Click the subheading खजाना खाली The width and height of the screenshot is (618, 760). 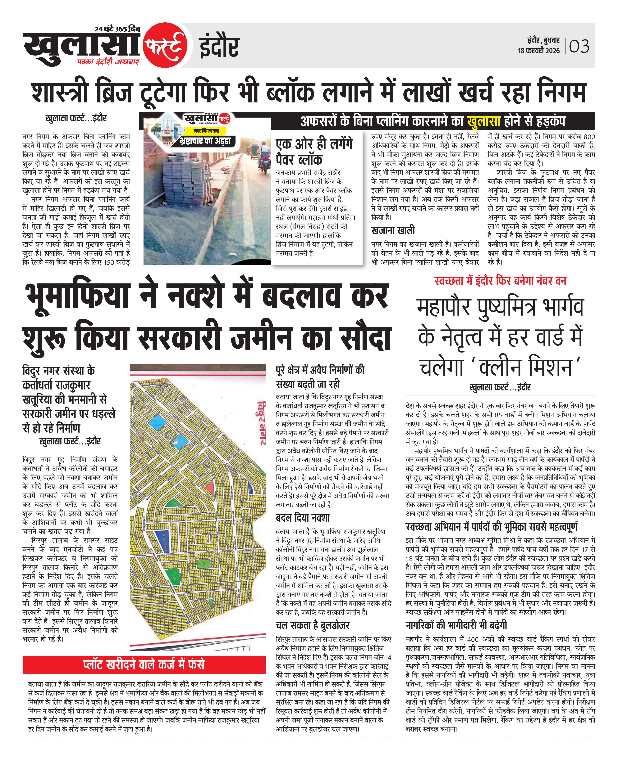pos(393,231)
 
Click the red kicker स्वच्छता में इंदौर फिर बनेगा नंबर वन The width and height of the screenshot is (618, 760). pos(500,281)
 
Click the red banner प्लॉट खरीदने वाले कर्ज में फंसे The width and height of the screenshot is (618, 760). pos(144,665)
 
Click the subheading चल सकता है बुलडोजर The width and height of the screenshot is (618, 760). pos(313,626)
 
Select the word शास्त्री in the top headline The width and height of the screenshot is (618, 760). pos(59,92)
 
